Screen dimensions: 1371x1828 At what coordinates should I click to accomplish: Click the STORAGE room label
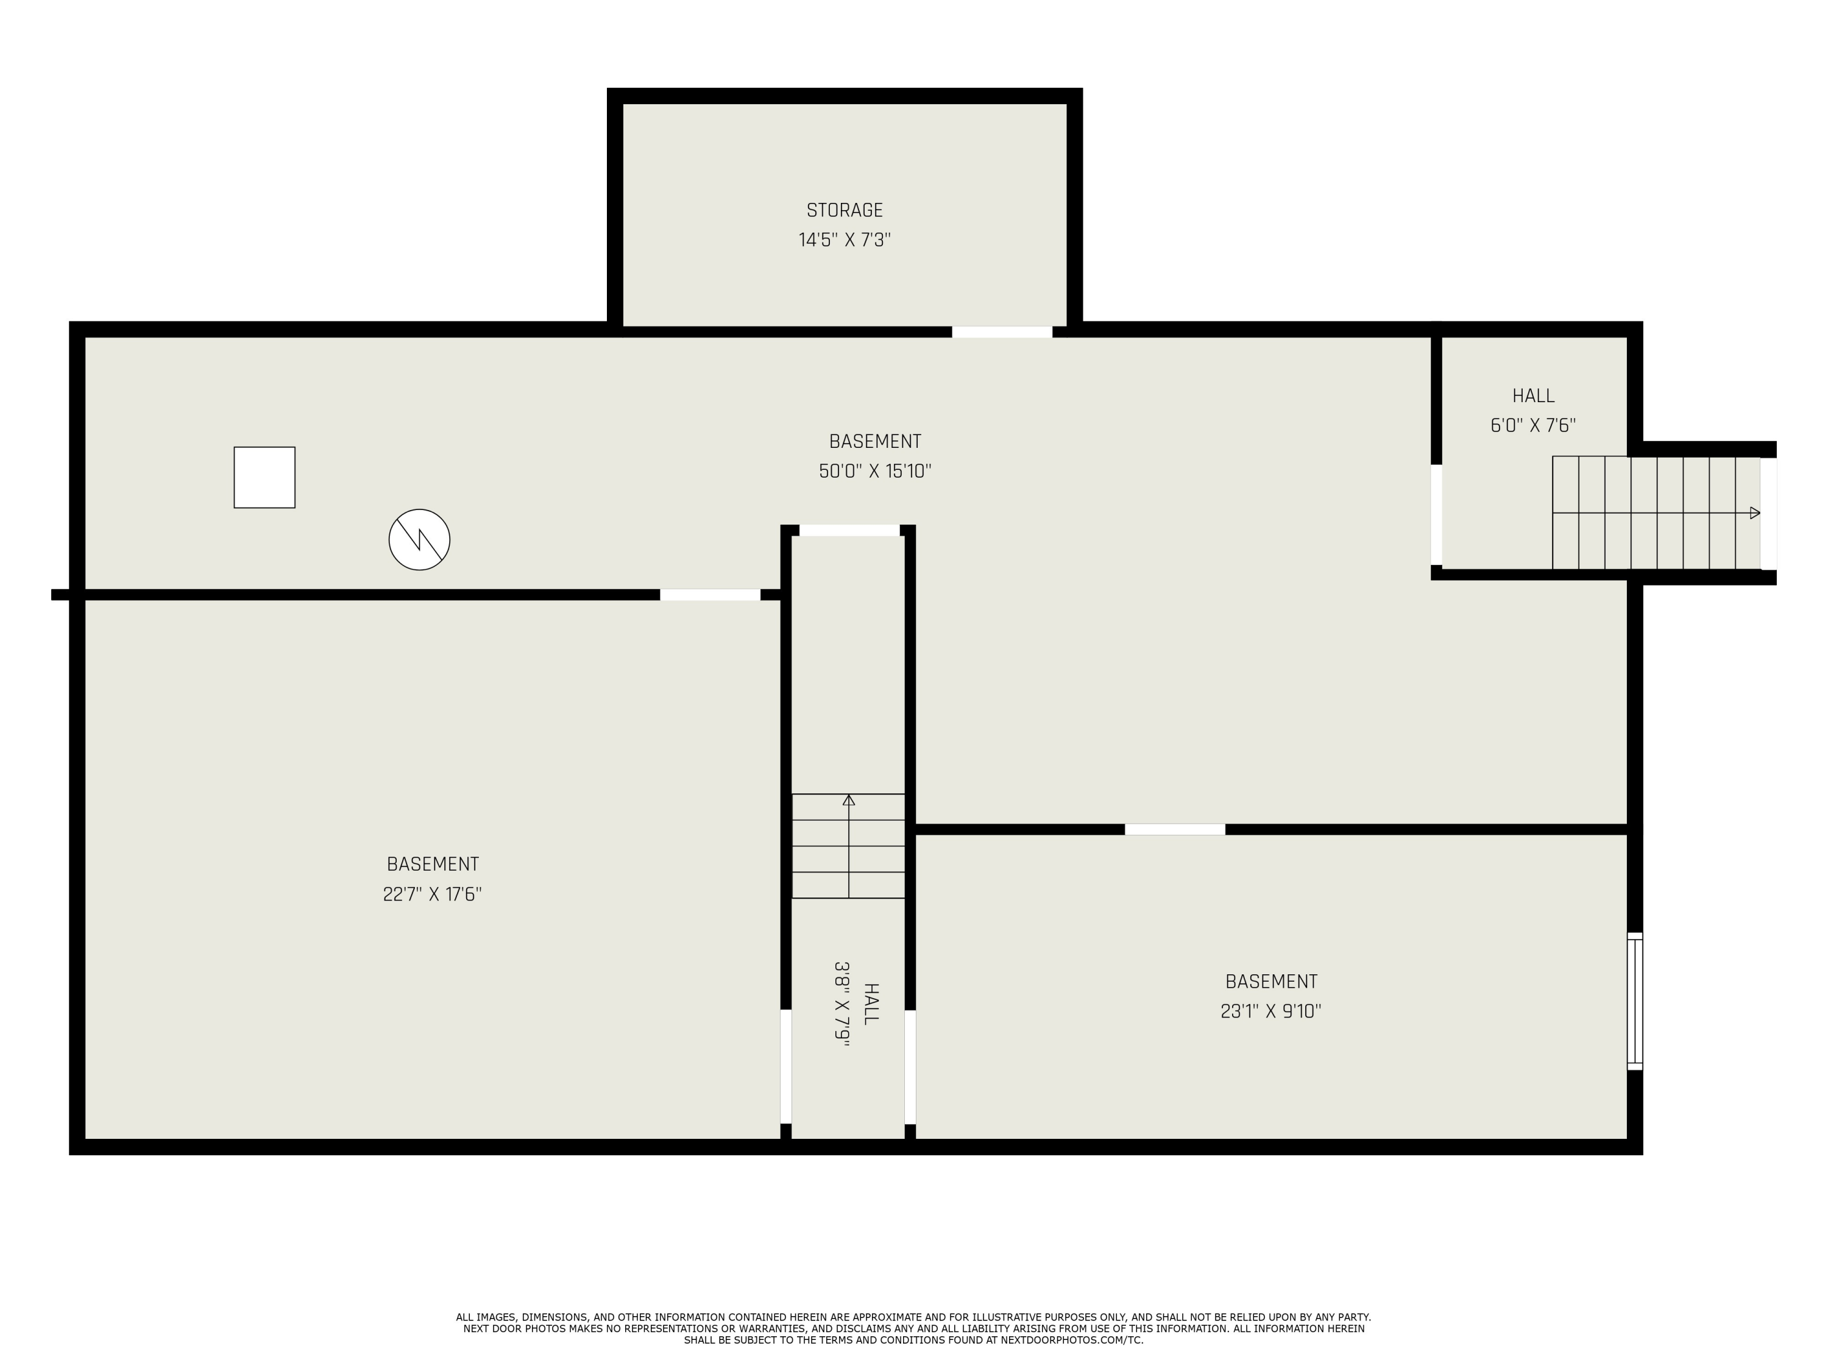point(845,210)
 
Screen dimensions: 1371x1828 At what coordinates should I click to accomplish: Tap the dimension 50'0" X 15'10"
point(874,471)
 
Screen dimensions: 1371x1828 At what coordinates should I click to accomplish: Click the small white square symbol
point(264,478)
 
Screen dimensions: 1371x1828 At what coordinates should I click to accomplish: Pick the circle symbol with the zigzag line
point(419,540)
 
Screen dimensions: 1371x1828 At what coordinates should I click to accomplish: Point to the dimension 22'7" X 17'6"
point(432,894)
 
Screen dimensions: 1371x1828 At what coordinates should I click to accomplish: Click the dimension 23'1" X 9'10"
point(1270,1011)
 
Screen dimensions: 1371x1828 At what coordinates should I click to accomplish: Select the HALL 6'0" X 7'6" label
point(1533,411)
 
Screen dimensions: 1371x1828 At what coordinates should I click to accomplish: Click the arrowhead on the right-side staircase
point(1754,513)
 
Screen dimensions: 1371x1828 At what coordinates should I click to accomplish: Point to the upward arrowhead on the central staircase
point(849,800)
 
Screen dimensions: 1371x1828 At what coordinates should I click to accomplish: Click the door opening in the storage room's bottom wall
point(1002,332)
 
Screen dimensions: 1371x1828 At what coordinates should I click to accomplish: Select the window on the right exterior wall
point(1635,1002)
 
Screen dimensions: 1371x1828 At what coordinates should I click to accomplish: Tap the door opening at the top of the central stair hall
point(849,531)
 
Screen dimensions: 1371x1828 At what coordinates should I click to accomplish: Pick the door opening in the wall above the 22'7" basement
point(710,595)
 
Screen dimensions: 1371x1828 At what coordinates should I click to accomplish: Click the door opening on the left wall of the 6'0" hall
point(1436,515)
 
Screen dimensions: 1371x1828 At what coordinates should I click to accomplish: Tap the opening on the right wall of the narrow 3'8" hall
point(910,1067)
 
